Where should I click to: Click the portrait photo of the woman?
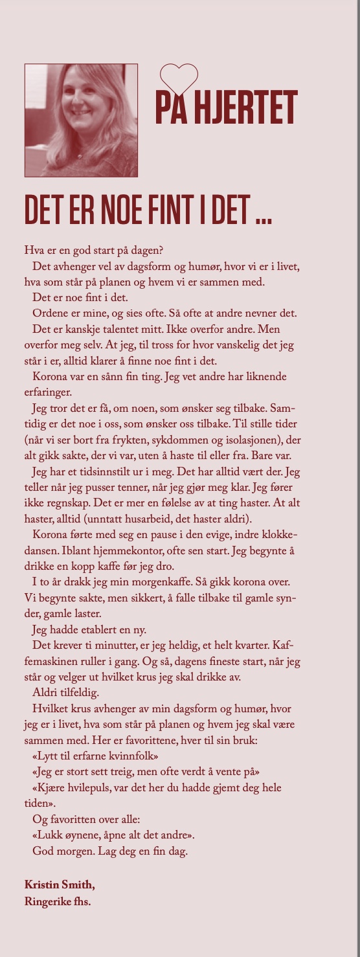[x=81, y=120]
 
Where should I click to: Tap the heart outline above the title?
[x=179, y=78]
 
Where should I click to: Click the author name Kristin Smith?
[x=63, y=884]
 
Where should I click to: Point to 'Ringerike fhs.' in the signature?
[x=57, y=899]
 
